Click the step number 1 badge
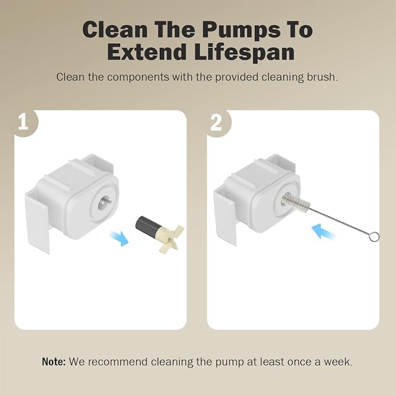pos(23,123)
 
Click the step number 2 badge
pos(216,123)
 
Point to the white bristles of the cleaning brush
pos(292,204)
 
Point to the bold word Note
pos(54,362)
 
